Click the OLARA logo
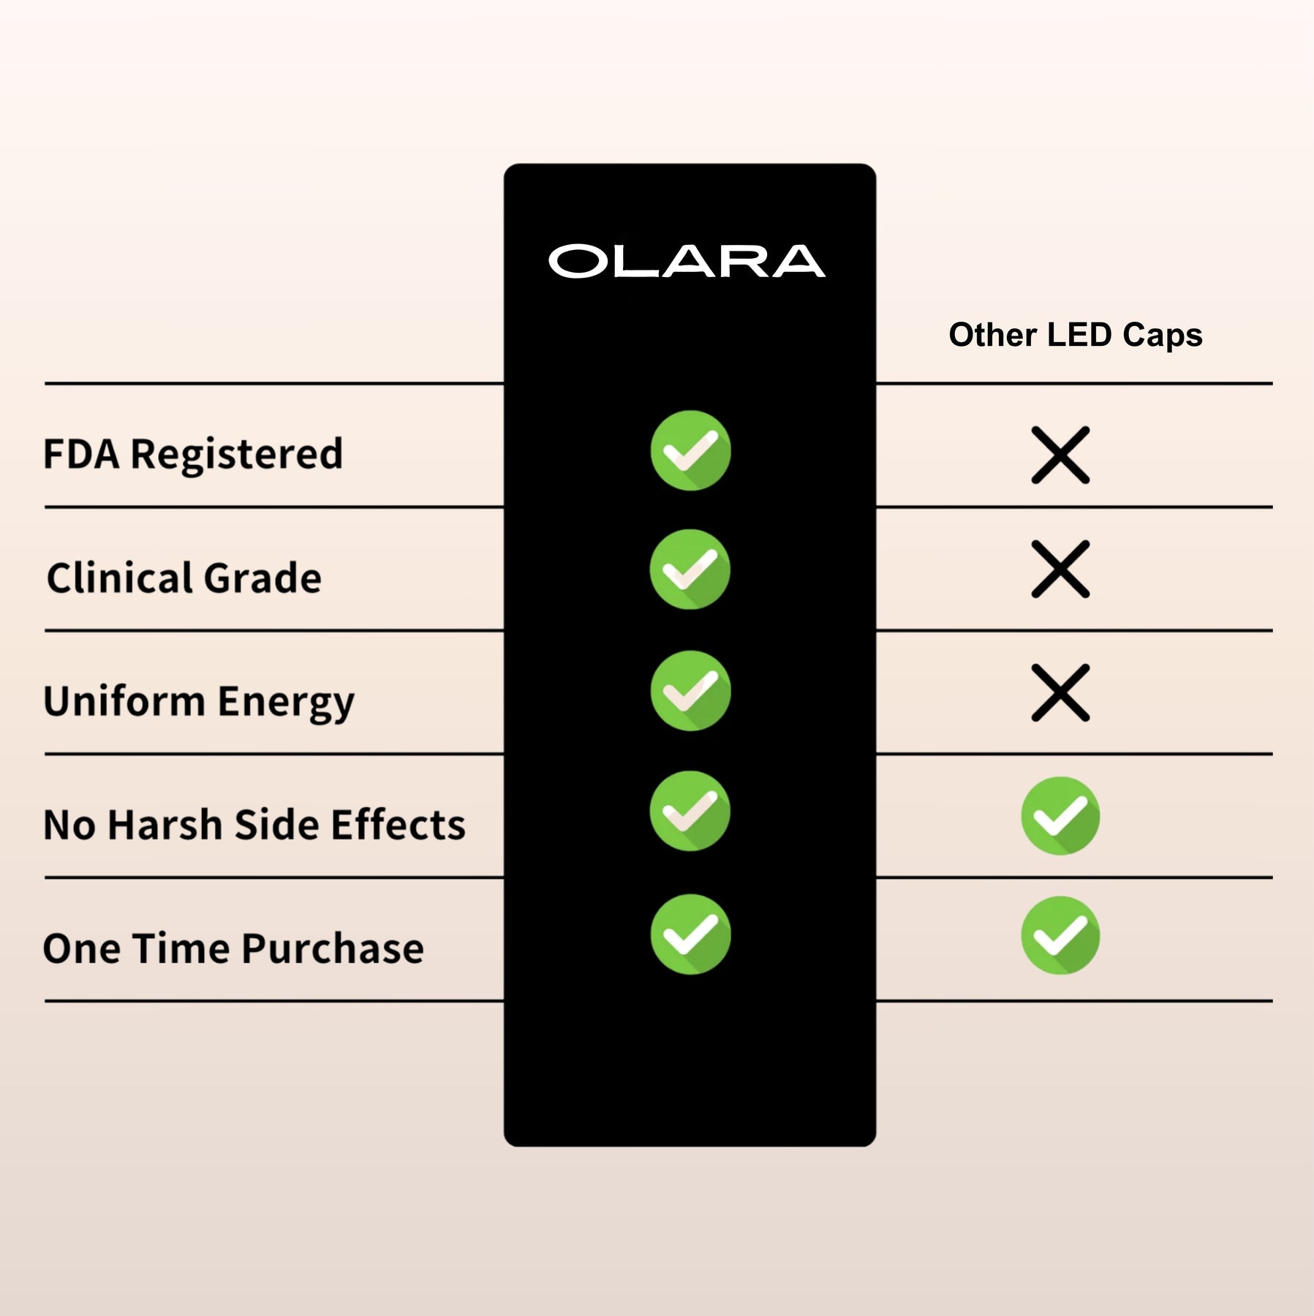[687, 261]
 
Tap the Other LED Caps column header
[1075, 335]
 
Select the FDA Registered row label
[193, 454]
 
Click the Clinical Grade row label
[184, 578]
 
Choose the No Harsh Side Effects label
[254, 825]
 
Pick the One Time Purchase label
[233, 948]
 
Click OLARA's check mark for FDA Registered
[690, 450]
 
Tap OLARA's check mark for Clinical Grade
[690, 570]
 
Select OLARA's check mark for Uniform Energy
[690, 691]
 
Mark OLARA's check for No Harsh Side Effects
[690, 811]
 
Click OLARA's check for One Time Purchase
[690, 934]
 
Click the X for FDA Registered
[1060, 455]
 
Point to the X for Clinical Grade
[1060, 570]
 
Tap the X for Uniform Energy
[1060, 693]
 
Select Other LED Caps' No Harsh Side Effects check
[1060, 816]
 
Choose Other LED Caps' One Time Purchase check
[1060, 936]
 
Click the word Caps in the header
[1162, 336]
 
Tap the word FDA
[81, 454]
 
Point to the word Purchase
[333, 948]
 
